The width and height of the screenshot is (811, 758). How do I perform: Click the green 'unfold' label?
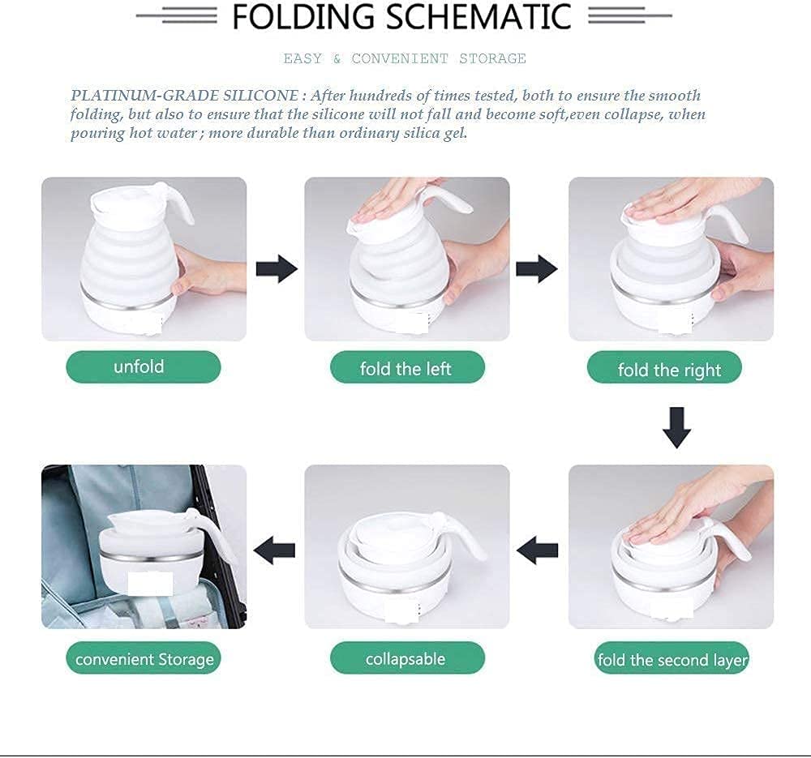(x=144, y=367)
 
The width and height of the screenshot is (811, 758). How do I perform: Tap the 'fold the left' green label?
(x=408, y=367)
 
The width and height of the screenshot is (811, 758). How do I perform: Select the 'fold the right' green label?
(x=665, y=367)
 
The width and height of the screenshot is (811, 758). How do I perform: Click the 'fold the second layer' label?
(x=672, y=658)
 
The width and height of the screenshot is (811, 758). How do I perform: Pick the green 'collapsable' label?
(x=408, y=657)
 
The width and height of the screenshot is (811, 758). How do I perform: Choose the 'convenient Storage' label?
(x=144, y=657)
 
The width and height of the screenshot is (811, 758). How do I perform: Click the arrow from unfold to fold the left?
(x=277, y=269)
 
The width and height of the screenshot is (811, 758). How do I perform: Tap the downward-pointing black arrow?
(x=676, y=427)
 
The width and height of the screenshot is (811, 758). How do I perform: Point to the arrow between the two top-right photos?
(x=537, y=269)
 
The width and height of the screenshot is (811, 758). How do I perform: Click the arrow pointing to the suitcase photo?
(x=275, y=550)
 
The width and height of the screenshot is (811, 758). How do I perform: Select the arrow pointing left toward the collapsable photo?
(x=538, y=550)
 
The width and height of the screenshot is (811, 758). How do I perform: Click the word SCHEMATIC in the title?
(x=478, y=16)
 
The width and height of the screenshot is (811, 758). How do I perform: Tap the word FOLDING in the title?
(x=303, y=16)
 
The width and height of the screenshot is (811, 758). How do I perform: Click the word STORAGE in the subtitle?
(x=492, y=58)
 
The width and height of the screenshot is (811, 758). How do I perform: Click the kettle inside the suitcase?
(x=161, y=552)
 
